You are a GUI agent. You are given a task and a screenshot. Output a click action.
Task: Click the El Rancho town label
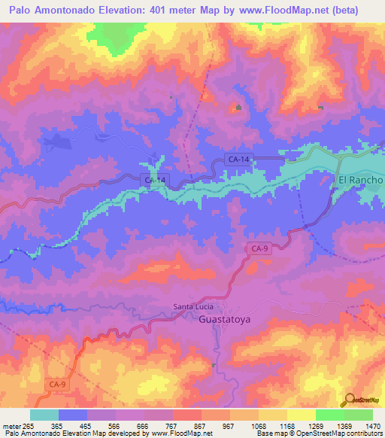point(360,181)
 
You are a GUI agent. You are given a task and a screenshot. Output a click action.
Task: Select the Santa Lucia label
point(193,306)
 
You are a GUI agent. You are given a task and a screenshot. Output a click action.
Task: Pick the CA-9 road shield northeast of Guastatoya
point(259,248)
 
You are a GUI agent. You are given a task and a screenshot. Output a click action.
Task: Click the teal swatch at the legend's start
point(44,415)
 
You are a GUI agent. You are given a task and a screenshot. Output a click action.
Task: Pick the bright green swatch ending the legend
point(359,415)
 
